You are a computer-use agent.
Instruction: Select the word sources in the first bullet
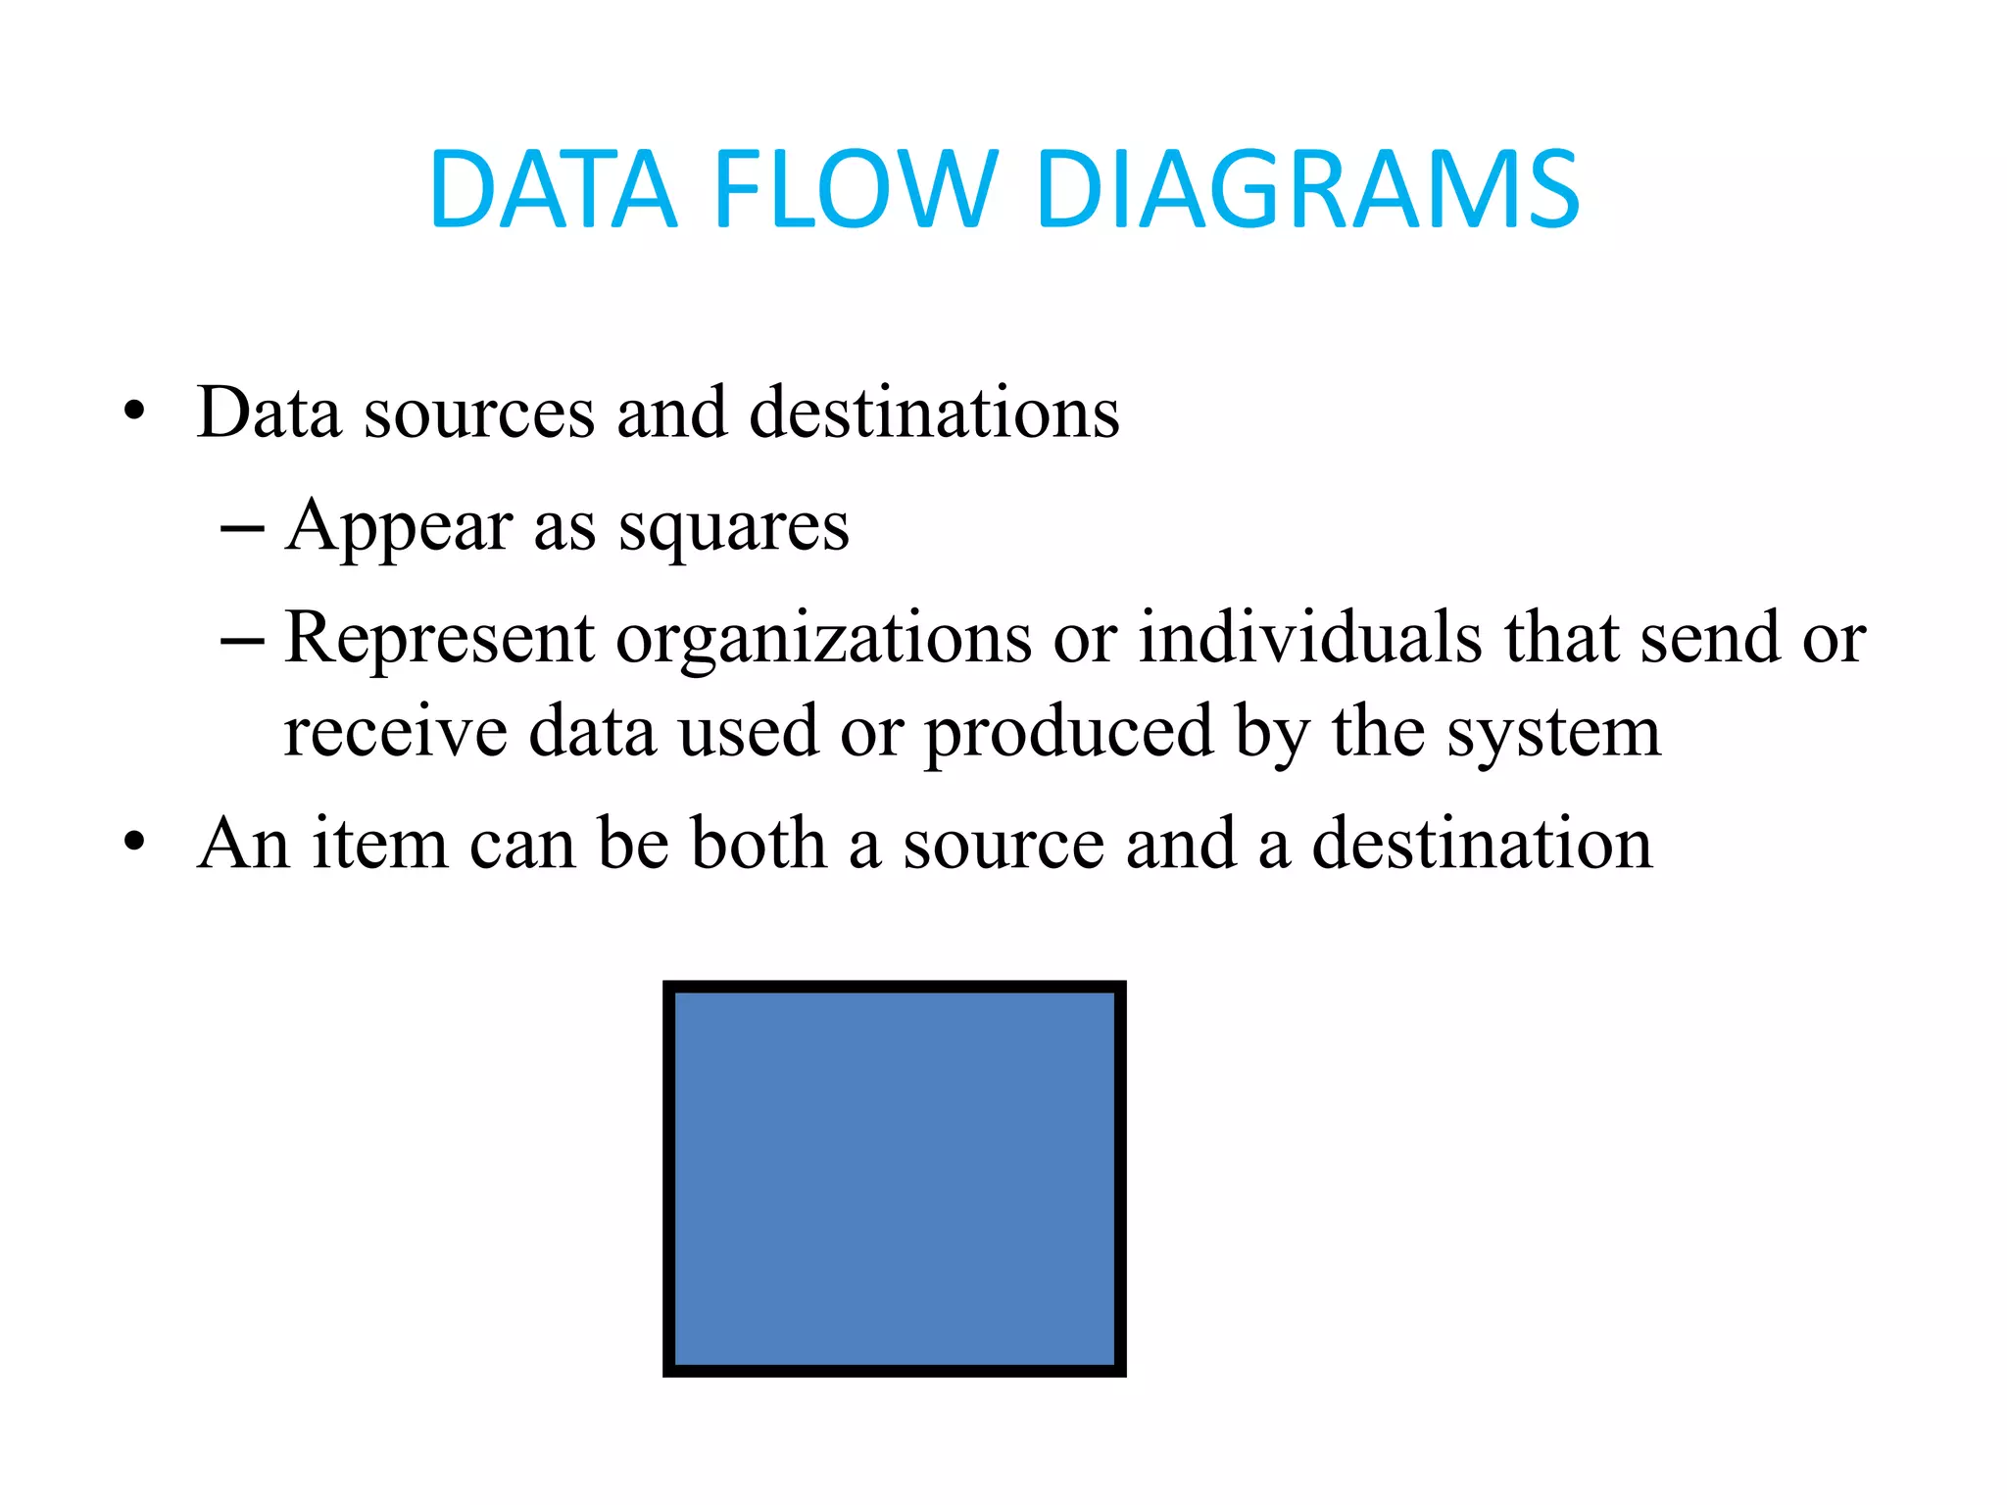(479, 413)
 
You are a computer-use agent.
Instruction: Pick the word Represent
(439, 639)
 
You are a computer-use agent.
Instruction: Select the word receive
(395, 732)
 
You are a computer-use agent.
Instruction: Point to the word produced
(1068, 734)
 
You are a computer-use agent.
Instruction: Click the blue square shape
(894, 1178)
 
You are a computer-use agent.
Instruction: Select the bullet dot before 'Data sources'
(134, 412)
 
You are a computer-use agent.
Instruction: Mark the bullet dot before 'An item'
(134, 842)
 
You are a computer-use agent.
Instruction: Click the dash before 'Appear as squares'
(242, 530)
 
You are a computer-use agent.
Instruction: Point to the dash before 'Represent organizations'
(242, 642)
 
